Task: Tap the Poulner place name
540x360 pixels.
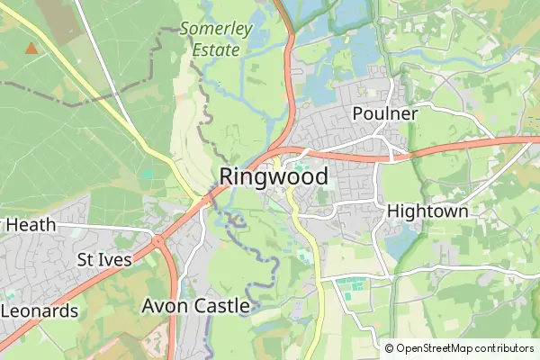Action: coord(385,114)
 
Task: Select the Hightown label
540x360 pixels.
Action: coord(427,211)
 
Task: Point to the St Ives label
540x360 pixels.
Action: coord(103,260)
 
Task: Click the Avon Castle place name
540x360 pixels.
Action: coord(195,306)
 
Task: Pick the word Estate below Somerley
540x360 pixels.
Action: coord(216,49)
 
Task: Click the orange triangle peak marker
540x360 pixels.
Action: coord(32,48)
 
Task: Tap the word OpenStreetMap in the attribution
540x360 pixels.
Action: coord(440,348)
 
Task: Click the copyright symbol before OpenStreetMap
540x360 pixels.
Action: coord(390,348)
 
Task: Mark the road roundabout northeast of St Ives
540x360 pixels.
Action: coord(158,240)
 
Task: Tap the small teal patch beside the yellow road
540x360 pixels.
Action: coord(147,174)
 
